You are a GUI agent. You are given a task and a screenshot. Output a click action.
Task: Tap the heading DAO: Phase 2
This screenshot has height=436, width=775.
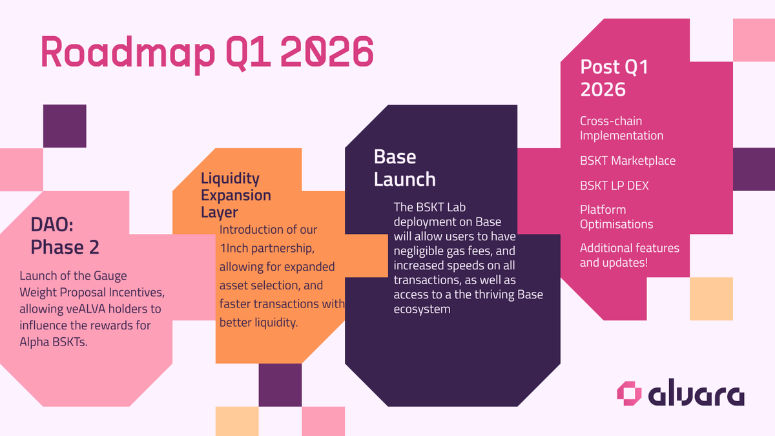pos(65,236)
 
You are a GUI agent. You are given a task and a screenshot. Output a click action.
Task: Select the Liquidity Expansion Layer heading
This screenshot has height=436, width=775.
pos(236,195)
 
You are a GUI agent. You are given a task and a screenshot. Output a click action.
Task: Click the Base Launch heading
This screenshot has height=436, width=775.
pos(405,167)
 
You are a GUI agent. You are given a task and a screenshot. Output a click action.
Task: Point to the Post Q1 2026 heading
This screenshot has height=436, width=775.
pos(614,78)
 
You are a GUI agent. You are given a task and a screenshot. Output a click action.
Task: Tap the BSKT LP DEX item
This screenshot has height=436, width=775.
pos(614,185)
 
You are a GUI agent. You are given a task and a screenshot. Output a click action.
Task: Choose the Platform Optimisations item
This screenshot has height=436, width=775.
pos(616,217)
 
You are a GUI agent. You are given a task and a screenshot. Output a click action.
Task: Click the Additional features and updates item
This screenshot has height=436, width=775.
pos(630,255)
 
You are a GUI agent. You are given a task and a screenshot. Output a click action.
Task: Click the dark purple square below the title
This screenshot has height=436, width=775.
pos(65,126)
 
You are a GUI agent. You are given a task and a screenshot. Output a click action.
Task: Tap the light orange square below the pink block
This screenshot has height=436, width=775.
pos(711,298)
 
